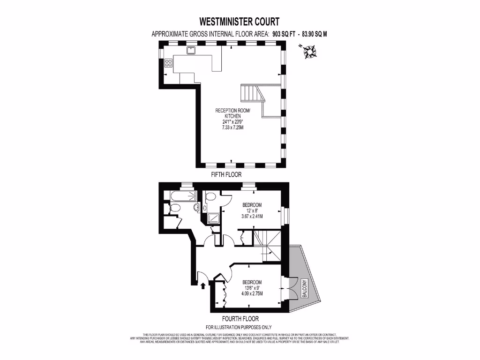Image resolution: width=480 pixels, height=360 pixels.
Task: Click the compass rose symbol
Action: coord(309,51)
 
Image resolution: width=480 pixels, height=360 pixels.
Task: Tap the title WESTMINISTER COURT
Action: coord(239,22)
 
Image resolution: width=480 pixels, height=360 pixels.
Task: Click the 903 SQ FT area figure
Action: coord(286,34)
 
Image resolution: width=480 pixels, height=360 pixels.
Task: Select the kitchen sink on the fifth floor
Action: coord(192,50)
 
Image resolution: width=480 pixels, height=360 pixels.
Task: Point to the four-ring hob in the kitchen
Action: coord(168,65)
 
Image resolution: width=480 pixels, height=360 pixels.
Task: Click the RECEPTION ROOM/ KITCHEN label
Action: coord(233,113)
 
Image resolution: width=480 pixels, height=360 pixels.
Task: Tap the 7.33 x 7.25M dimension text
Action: coord(233,127)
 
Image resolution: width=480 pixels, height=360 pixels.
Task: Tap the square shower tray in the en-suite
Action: coord(213,217)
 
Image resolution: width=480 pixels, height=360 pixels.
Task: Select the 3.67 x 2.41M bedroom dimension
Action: coord(252,217)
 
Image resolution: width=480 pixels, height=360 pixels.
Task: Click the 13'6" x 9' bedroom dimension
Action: coord(252,288)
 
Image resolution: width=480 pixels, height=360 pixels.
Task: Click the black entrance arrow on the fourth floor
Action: coord(203,285)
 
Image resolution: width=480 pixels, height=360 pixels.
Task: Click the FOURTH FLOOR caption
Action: coord(240,319)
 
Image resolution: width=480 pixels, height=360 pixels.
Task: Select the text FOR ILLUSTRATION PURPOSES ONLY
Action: coord(239,327)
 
